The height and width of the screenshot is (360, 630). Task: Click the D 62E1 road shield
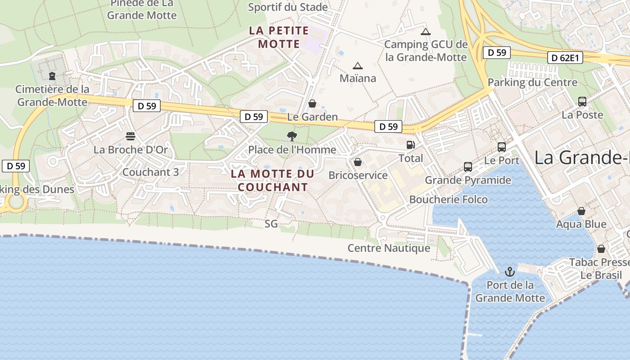coord(565,58)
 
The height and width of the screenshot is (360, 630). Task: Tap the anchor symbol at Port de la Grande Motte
coord(510,272)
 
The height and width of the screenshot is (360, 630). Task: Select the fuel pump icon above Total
coord(410,144)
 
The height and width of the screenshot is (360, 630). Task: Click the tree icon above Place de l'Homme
coord(292,136)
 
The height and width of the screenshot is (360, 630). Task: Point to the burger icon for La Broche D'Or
coord(130,136)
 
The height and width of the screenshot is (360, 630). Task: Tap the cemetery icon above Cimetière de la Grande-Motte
coord(52,76)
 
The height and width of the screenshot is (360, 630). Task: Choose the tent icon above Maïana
coord(358,66)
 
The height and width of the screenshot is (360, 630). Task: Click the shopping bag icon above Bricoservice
coord(358,162)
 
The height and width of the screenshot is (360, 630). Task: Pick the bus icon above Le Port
coord(502,147)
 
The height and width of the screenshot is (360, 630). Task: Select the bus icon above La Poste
coord(582,102)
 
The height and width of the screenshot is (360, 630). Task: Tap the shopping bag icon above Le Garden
coord(312,104)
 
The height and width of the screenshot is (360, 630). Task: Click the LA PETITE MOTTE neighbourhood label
coord(279,37)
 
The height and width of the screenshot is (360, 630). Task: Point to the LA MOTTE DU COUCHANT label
coord(273,180)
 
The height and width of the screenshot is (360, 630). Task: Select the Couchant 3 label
coord(151,172)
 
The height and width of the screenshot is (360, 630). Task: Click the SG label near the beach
coord(271,224)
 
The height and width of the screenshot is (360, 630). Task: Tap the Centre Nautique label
coord(389,248)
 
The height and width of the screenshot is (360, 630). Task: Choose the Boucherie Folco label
coord(449,199)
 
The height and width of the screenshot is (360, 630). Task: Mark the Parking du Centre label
coord(532,82)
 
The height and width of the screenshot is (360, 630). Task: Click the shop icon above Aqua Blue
coord(581,211)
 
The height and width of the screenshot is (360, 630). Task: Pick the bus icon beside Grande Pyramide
coord(468,167)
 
